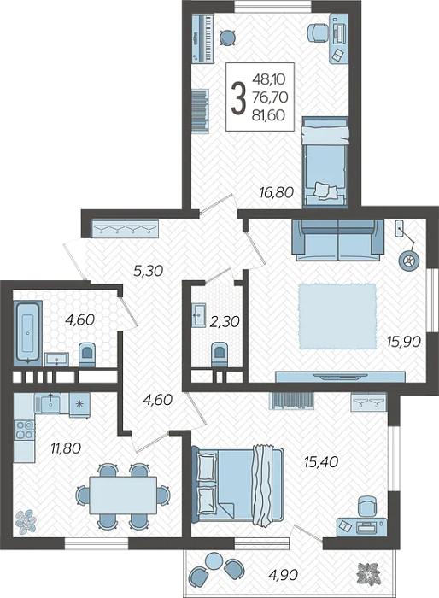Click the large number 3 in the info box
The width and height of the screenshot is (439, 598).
[x=238, y=99]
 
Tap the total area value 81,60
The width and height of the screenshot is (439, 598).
[x=268, y=115]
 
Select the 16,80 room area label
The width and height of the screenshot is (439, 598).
[x=277, y=192]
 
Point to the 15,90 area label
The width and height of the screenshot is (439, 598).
[x=404, y=342]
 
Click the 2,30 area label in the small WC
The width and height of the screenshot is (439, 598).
[x=225, y=322]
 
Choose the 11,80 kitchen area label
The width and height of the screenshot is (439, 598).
[x=66, y=448]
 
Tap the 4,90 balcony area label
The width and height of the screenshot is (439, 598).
[x=283, y=574]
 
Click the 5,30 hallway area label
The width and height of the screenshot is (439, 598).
[x=148, y=271]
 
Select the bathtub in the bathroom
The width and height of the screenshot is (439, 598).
[x=28, y=332]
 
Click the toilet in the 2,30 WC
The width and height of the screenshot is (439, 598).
[x=219, y=355]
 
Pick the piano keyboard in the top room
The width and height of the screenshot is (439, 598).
[x=202, y=38]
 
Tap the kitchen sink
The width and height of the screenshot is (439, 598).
[x=48, y=403]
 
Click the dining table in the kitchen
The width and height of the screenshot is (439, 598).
[x=123, y=495]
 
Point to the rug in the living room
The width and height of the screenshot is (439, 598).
[x=337, y=316]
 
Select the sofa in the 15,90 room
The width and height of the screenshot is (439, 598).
[x=337, y=240]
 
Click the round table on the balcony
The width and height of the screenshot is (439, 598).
[x=214, y=561]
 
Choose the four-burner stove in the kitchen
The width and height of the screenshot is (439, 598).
[x=25, y=430]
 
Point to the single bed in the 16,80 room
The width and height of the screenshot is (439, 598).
[x=325, y=162]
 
